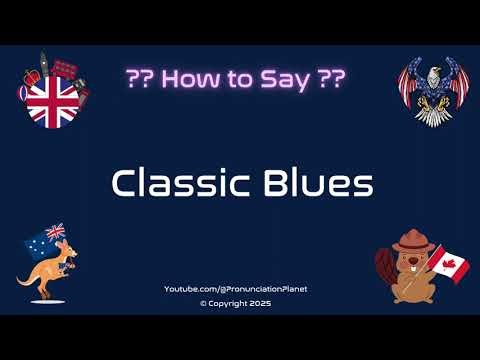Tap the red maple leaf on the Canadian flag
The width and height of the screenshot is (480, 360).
pyautogui.click(x=450, y=265)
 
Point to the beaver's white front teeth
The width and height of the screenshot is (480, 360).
pyautogui.click(x=411, y=265)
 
